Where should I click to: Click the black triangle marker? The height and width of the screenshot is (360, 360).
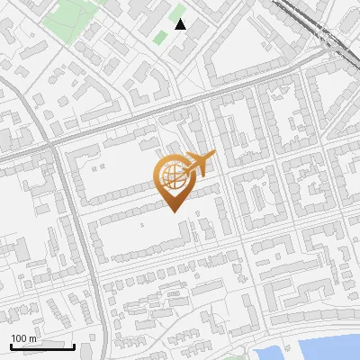click(x=181, y=24)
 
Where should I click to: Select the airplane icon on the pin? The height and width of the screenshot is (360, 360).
click(x=197, y=164)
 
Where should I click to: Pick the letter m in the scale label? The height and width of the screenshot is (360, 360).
click(x=33, y=338)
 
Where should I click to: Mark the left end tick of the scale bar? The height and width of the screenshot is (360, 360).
click(x=11, y=345)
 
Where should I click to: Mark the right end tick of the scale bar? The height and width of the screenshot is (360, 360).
click(x=74, y=345)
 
